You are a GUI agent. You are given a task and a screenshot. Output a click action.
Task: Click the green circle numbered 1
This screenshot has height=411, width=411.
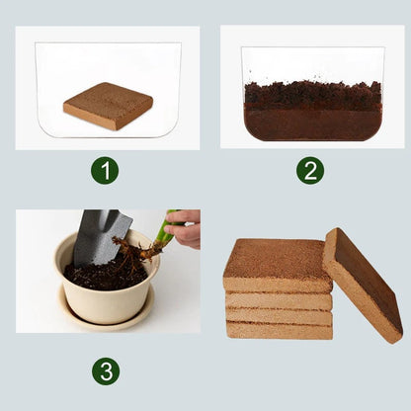105,170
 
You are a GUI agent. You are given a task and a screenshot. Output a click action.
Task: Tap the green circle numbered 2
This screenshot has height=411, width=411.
310,170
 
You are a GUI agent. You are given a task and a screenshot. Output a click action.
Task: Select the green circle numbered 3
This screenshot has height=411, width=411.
105,371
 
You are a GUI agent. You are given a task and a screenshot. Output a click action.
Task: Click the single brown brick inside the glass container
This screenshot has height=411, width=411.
109,105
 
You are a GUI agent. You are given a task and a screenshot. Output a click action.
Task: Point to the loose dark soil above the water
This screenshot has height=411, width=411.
312,95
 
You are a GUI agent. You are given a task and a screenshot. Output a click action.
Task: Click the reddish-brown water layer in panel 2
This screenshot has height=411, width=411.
312,123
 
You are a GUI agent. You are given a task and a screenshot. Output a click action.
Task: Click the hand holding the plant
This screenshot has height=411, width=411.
185,228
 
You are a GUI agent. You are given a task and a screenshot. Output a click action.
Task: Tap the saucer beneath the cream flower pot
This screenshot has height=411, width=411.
105,319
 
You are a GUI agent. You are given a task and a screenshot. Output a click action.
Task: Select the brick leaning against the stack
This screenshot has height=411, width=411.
363,285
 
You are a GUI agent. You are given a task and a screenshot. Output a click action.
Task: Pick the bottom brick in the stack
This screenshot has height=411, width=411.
279,330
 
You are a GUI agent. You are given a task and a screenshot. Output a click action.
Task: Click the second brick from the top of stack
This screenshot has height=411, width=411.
279,300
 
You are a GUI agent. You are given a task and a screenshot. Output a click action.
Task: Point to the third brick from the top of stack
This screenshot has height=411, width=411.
279,315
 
